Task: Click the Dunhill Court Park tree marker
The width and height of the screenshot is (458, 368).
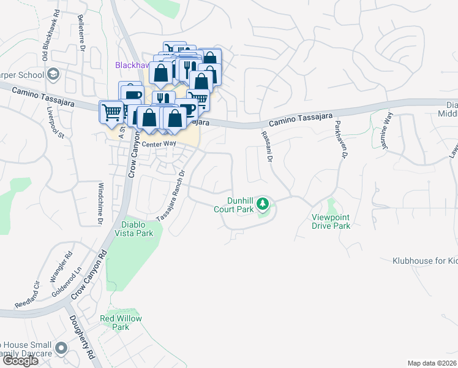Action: pos(263,202)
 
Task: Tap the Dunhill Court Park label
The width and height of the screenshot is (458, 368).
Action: pos(233,205)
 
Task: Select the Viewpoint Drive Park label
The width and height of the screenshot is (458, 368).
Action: pos(331,221)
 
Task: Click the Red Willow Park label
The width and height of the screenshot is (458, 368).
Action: pos(121,323)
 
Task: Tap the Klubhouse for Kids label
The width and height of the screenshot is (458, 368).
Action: pos(425,261)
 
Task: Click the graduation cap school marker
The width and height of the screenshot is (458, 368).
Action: pos(53,74)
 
